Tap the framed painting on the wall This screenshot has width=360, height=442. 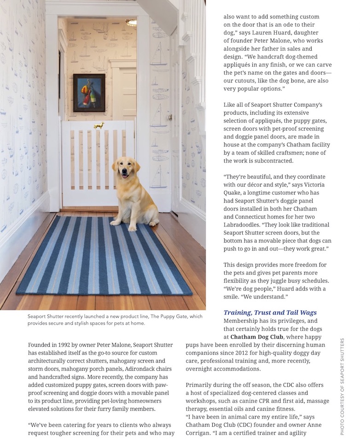pyautogui.click(x=89, y=93)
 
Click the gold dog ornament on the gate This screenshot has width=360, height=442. pyautogui.click(x=99, y=125)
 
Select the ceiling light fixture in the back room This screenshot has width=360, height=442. pyautogui.click(x=131, y=22)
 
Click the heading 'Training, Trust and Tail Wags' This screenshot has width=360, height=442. pyautogui.click(x=270, y=313)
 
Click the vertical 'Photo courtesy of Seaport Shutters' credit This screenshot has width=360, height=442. pyautogui.click(x=342, y=386)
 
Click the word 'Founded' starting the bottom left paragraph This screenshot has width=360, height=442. pyautogui.click(x=40, y=345)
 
